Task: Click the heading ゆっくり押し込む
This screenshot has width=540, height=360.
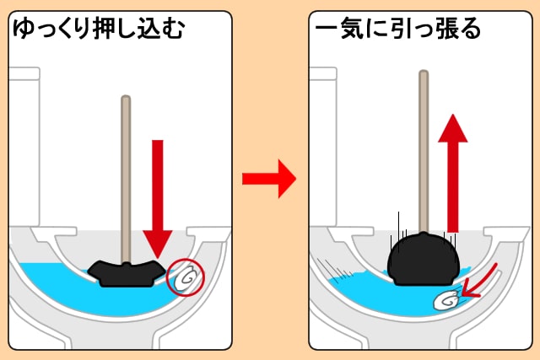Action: point(99,30)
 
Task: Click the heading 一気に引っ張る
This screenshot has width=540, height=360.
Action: point(397,30)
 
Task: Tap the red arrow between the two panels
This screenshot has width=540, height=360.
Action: point(268,179)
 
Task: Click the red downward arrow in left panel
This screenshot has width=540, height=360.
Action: point(157,198)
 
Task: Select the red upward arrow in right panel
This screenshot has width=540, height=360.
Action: point(453,169)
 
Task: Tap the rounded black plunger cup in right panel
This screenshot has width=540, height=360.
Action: point(423,256)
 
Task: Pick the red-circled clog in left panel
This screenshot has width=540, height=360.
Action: point(186,277)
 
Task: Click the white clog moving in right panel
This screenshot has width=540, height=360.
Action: point(445,298)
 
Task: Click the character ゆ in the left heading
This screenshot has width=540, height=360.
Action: point(24,30)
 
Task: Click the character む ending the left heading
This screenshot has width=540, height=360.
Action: point(173,30)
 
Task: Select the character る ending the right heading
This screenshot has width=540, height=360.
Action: point(469,30)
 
